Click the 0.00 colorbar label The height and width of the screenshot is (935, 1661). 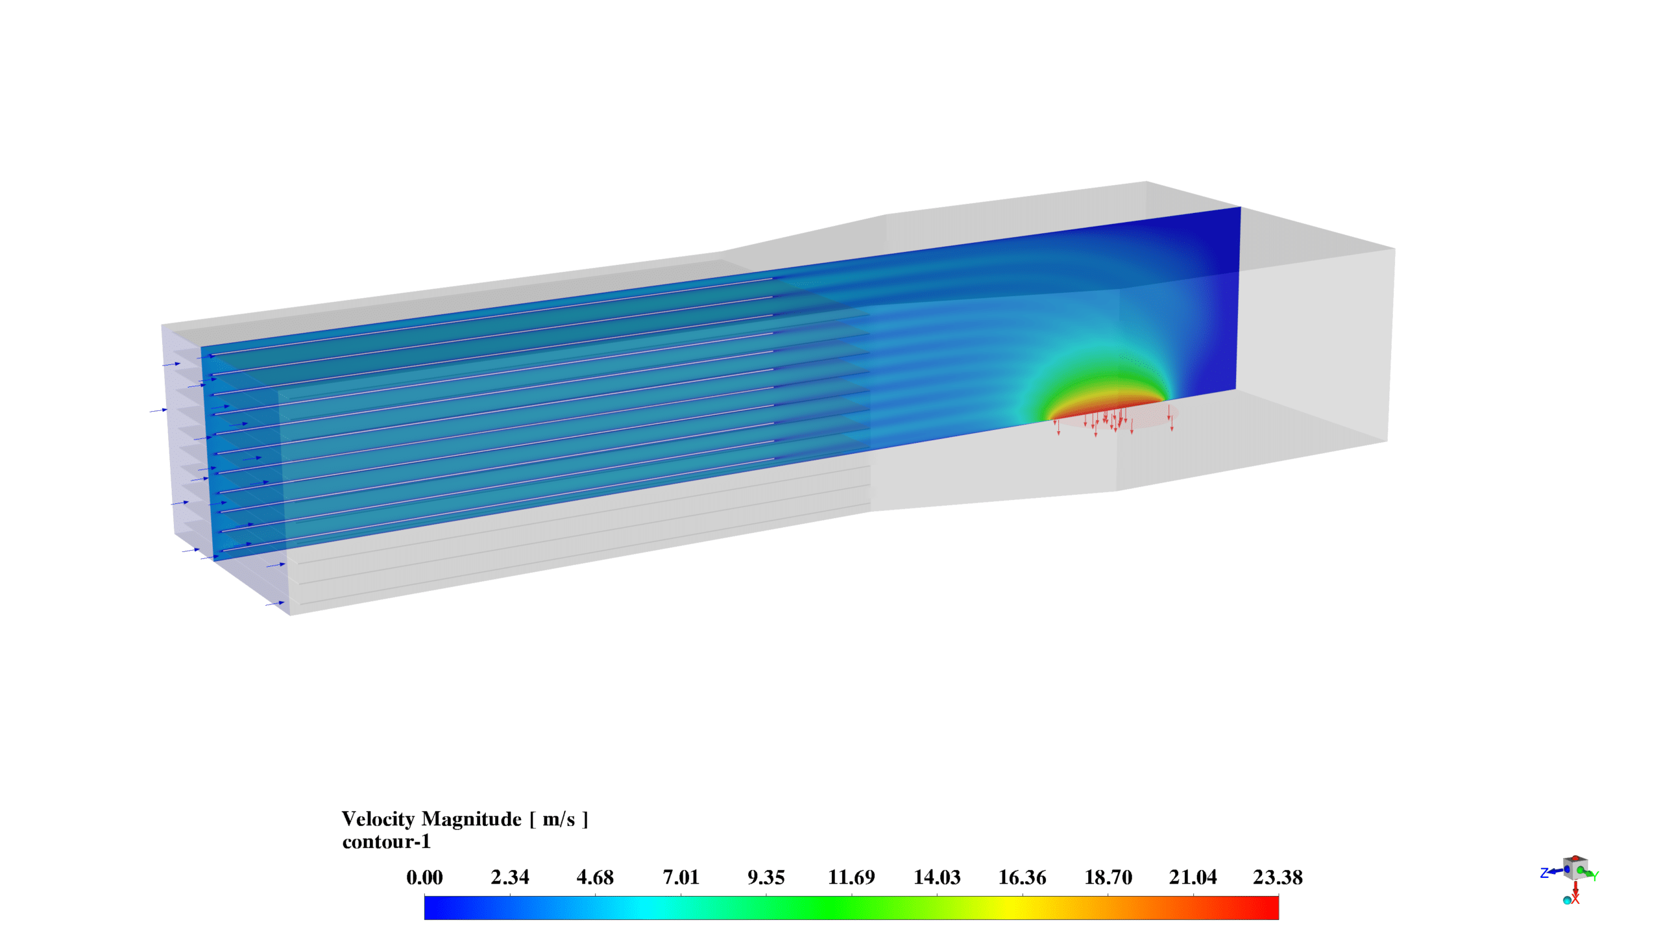[x=424, y=877]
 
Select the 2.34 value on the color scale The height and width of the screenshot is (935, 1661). [x=510, y=877]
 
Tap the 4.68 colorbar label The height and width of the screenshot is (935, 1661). [x=595, y=877]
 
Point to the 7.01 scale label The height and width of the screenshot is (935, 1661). [x=681, y=877]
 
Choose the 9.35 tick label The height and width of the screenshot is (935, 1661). [x=766, y=877]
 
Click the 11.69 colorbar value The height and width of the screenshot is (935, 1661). [x=851, y=877]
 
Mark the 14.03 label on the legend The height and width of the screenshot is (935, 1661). [x=937, y=877]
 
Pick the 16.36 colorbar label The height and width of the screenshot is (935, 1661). [x=1023, y=877]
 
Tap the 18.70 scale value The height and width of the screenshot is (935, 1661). [x=1108, y=877]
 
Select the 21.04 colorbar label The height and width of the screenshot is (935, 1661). [x=1193, y=877]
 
